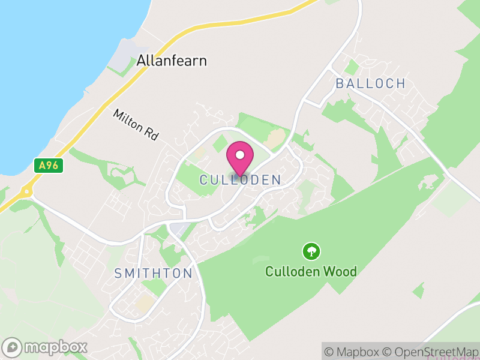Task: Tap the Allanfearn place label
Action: click(x=172, y=61)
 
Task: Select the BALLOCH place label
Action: click(x=370, y=83)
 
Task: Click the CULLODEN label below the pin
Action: click(x=240, y=180)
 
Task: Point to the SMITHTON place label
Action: click(x=154, y=274)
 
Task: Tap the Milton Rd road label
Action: click(x=136, y=125)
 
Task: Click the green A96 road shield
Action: click(x=49, y=166)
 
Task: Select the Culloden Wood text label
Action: click(x=311, y=272)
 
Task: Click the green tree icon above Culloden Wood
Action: click(x=311, y=251)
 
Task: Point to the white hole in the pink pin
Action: click(x=240, y=155)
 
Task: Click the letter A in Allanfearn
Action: click(x=142, y=61)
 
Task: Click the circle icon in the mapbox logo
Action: click(x=12, y=347)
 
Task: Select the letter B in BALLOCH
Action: click(x=340, y=83)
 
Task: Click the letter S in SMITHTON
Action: click(x=118, y=274)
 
